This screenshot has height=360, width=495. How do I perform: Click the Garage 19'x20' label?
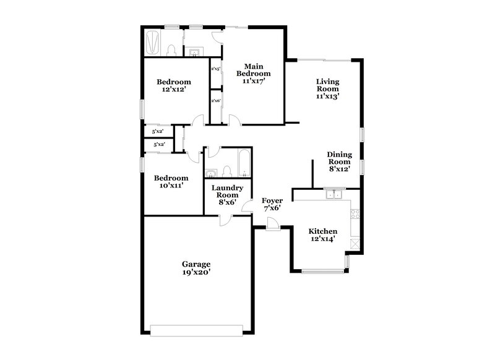point(196,267)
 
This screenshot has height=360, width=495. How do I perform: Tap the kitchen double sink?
point(335,195)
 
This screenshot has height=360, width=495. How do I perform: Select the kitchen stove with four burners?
point(355,215)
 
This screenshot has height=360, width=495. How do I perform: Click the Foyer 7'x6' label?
point(272,204)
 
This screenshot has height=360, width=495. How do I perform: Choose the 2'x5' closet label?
point(216,69)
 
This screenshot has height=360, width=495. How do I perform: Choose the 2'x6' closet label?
point(216,100)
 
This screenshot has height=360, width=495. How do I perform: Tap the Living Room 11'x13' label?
point(328,88)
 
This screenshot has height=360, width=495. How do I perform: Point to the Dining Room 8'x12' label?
point(339,161)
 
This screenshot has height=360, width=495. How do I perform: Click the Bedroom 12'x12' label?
point(173,85)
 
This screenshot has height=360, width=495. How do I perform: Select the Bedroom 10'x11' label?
point(171,181)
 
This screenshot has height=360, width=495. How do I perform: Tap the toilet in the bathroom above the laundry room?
point(226,171)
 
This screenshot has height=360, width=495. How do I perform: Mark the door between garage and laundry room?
point(224,219)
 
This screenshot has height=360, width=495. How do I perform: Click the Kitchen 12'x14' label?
point(323,234)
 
